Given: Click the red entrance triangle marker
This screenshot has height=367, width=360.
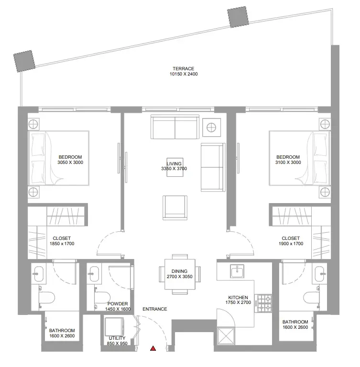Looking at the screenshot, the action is tap(153, 348).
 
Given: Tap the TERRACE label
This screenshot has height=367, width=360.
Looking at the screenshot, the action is tap(184, 69).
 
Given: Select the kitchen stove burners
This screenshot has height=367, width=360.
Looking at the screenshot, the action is tap(263, 303).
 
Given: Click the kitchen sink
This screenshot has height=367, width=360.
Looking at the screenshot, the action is tap(237, 271).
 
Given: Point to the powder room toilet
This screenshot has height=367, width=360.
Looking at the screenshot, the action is tap(102, 297).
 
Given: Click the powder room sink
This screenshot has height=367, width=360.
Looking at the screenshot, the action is tap(94, 274).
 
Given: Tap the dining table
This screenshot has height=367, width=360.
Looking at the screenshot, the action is tap(180, 274).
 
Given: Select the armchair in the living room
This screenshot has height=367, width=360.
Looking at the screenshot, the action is tap(175, 208).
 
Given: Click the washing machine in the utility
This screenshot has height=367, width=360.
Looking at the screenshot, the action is tap(114, 327).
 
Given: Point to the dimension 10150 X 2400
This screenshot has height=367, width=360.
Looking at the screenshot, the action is tap(184, 74).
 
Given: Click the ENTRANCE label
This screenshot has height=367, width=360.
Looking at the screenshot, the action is tap(154, 309).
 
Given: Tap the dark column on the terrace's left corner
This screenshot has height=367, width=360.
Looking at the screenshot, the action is tap(24, 61).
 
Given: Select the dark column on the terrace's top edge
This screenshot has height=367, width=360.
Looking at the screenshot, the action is tap(239, 17).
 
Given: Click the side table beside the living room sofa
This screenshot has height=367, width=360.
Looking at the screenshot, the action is tap(211, 128).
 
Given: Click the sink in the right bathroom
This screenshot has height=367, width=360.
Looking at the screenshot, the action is tap(320, 274).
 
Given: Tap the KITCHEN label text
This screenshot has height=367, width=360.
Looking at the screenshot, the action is tap(238, 298).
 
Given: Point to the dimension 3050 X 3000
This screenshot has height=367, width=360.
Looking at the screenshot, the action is tap(70, 162).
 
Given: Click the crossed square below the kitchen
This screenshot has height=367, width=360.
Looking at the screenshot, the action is tap(226, 336).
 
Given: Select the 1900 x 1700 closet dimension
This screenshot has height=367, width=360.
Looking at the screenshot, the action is tap(291, 244).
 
